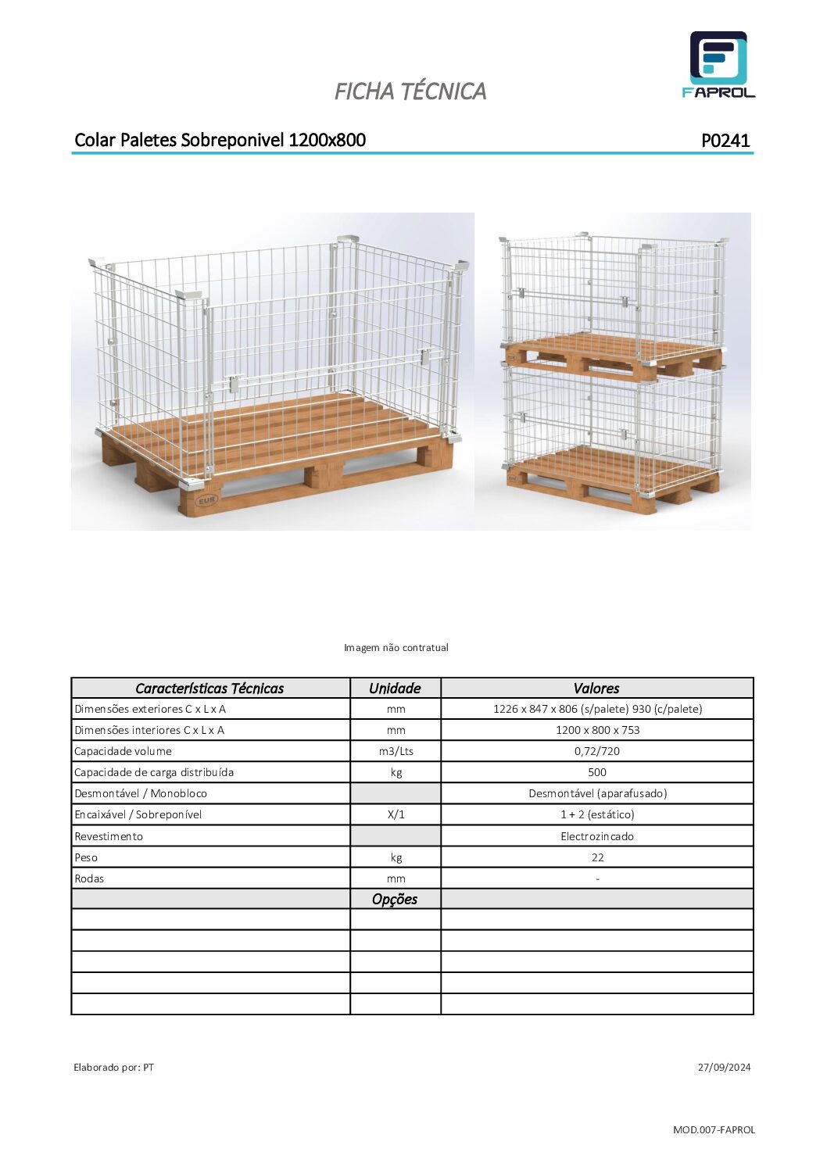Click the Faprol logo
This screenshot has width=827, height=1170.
[x=718, y=65]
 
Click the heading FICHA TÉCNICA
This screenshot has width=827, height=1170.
[x=410, y=91]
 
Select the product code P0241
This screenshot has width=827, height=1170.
[x=725, y=141]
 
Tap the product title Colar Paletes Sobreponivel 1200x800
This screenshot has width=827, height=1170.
[x=220, y=140]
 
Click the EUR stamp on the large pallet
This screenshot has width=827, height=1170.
[x=206, y=500]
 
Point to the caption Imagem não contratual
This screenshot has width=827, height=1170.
[x=396, y=648]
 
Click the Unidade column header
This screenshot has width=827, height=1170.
[x=395, y=689]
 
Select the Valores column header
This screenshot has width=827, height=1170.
[x=596, y=689]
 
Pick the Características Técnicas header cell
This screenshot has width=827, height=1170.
[x=209, y=689]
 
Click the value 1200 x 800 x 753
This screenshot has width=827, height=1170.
[x=597, y=730]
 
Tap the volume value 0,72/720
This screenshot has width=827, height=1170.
[x=597, y=751]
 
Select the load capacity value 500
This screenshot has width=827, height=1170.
[x=597, y=772]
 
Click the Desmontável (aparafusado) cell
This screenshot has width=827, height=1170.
[x=597, y=793]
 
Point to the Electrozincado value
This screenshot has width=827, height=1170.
[x=597, y=836]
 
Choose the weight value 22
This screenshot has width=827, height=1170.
[x=597, y=857]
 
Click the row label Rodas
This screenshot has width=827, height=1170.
[x=89, y=878]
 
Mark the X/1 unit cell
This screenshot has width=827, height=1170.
[x=396, y=814]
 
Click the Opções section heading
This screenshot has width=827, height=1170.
[x=395, y=900]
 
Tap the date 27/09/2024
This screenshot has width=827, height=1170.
[x=724, y=1068]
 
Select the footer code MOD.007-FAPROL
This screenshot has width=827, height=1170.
[x=714, y=1130]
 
